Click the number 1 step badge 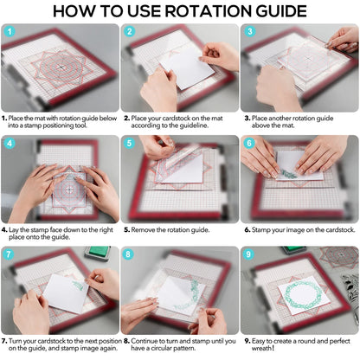coord(10,32)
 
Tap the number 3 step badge coord(249,32)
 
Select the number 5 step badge coord(130,144)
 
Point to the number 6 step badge coord(249,144)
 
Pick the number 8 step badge coord(130,255)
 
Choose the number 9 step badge coord(249,255)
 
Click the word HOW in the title coord(78,11)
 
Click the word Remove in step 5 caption coord(142,229)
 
